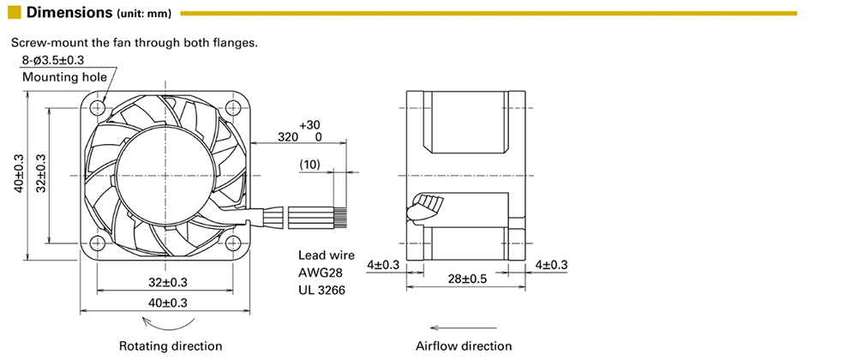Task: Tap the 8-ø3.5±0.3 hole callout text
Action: click(58, 60)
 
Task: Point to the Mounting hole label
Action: click(64, 77)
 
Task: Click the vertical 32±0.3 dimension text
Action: click(40, 175)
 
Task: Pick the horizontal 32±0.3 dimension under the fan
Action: click(168, 282)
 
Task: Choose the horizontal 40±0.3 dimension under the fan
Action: click(168, 303)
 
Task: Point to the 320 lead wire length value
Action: click(288, 137)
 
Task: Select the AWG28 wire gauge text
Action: click(321, 273)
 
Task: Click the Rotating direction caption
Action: click(170, 346)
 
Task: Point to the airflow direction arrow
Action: click(464, 327)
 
